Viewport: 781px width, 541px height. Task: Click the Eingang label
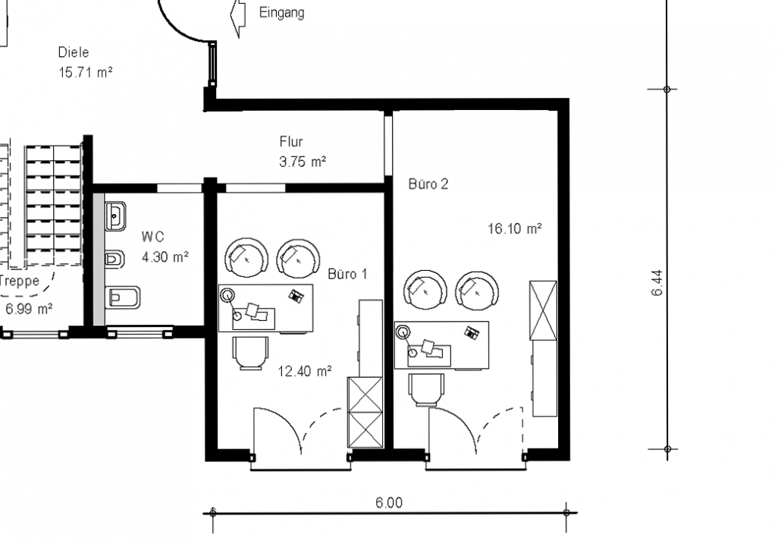point(281,12)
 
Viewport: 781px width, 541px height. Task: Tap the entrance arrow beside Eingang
point(239,17)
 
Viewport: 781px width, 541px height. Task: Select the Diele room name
point(74,52)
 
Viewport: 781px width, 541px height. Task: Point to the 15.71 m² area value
point(86,72)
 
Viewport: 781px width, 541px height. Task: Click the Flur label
point(291,142)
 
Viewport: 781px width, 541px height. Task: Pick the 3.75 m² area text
point(303,162)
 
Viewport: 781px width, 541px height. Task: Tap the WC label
point(153,236)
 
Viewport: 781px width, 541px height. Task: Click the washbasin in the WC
point(115,216)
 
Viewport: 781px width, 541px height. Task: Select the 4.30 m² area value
point(165,256)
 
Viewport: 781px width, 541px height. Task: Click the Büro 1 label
point(348,274)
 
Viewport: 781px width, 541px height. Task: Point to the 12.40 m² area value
point(305,371)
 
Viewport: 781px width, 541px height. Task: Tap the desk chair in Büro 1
point(251,353)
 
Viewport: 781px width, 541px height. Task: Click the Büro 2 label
point(428,184)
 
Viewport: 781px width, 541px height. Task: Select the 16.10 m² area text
point(515,229)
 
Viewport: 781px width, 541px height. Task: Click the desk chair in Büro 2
point(426,390)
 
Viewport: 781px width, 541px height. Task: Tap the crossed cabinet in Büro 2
point(543,310)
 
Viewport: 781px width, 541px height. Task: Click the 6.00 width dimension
point(389,502)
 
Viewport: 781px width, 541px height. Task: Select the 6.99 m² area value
point(29,309)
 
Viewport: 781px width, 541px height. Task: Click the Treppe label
point(19,282)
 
